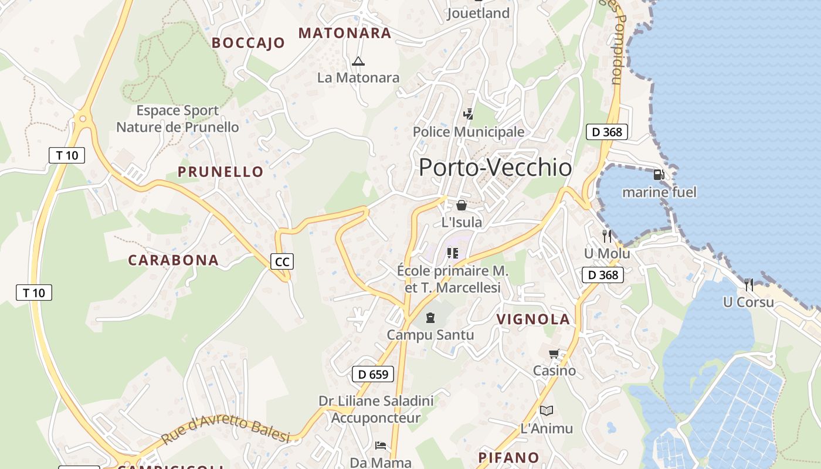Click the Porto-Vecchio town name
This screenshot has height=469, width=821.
(x=496, y=168)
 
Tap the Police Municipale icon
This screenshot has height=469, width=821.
(x=468, y=114)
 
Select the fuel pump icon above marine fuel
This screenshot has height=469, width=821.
(x=659, y=175)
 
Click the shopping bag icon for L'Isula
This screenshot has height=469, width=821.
(x=462, y=205)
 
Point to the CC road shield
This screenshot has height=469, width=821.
(x=282, y=261)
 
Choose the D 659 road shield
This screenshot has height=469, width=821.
(x=373, y=374)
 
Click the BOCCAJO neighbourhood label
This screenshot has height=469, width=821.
(x=248, y=43)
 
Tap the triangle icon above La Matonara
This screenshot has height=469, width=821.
(x=358, y=61)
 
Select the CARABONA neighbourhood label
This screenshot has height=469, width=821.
(x=173, y=260)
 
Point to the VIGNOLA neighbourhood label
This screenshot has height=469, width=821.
(x=533, y=320)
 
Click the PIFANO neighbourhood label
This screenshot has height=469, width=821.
(x=508, y=457)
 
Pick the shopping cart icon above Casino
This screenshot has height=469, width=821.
(x=554, y=354)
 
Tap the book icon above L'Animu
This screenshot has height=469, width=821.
(x=547, y=410)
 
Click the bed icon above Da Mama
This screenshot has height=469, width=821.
(x=381, y=446)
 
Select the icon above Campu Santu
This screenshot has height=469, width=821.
(x=430, y=318)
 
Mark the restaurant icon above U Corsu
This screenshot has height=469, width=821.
(x=749, y=285)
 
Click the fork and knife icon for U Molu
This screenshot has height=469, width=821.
(x=607, y=236)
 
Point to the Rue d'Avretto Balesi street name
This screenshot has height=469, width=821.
(x=226, y=431)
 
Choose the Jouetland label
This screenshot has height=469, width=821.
(x=478, y=13)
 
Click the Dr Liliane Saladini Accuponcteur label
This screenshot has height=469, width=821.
(x=376, y=409)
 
